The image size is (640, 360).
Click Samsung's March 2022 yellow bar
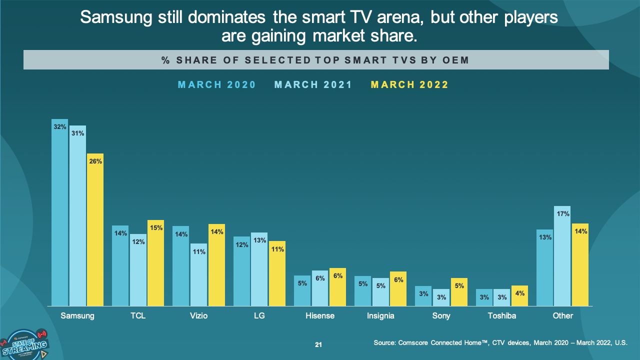click(95, 229)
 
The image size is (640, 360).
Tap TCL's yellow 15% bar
click(155, 263)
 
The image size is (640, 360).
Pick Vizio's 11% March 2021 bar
click(199, 274)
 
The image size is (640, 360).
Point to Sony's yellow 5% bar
click(459, 292)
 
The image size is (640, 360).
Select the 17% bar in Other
click(562, 255)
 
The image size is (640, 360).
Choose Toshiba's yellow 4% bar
click(519, 295)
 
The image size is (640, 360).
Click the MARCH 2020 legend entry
click(217, 85)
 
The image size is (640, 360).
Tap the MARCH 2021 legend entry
click(313, 85)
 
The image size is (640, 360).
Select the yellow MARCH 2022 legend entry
click(409, 85)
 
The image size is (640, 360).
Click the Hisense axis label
click(320, 316)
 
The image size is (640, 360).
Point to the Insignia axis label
click(380, 316)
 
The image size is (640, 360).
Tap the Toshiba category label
click(502, 316)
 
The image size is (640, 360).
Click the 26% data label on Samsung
click(95, 161)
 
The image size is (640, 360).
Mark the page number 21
click(318, 345)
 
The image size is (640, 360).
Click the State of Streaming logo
click(25, 344)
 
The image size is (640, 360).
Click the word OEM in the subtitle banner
click(455, 60)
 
